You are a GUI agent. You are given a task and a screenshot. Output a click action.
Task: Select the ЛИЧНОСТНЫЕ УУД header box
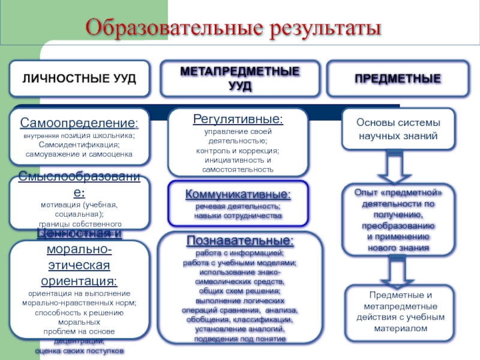coord(79,79)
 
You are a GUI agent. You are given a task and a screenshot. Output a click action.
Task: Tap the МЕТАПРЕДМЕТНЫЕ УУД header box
coord(239,79)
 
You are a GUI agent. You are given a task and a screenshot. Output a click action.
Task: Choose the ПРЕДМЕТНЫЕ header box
coord(398,79)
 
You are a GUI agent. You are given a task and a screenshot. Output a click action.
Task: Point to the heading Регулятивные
coord(238,119)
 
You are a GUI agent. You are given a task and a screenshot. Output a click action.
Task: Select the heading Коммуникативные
coord(238,194)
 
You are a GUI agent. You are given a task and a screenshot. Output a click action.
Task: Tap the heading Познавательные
coord(239,241)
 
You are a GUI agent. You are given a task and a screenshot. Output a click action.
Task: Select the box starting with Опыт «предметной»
coord(398,219)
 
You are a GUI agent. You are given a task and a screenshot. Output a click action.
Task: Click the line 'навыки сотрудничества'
coord(238,215)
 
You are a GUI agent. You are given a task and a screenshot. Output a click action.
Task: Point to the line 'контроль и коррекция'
coord(238,151)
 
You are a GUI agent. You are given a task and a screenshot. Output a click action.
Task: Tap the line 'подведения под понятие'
coord(239,339)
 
